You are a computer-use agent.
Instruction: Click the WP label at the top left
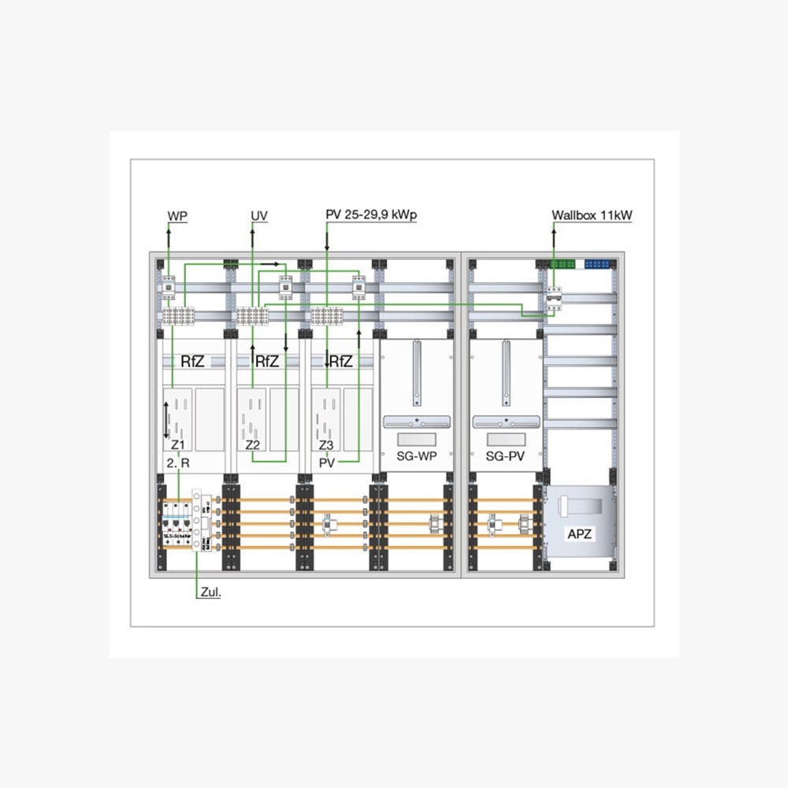click(177, 215)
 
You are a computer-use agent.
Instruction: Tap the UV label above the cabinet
click(259, 215)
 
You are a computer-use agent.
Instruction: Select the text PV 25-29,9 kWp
click(371, 215)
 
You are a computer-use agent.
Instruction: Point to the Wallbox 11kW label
click(591, 215)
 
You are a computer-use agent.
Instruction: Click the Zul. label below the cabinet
click(210, 593)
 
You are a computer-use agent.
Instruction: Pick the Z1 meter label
click(178, 445)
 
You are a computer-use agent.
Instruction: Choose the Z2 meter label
click(253, 445)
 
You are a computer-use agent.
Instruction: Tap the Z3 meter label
click(326, 445)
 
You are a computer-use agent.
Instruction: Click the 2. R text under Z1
click(178, 463)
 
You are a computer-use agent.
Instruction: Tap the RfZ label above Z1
click(193, 362)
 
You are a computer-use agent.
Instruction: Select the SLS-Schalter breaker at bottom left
click(177, 524)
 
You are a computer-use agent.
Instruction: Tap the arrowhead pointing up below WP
click(168, 226)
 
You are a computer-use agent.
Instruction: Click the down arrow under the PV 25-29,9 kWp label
click(326, 247)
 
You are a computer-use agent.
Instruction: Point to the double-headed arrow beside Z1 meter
click(165, 419)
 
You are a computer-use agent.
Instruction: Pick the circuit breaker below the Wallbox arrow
click(554, 299)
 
